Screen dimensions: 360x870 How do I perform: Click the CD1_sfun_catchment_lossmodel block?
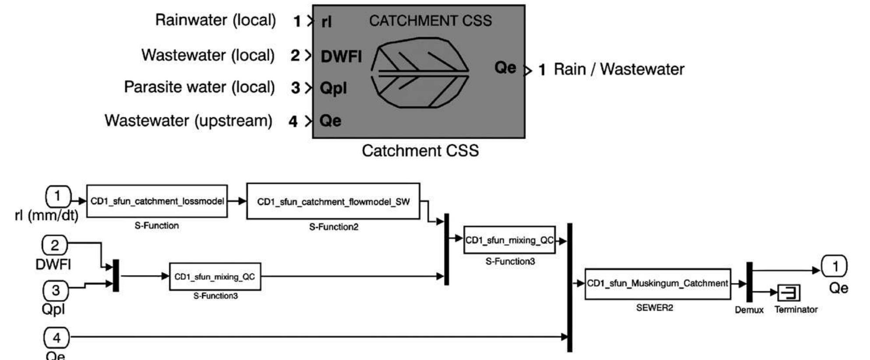(157, 201)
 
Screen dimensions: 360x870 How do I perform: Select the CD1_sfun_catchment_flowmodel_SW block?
(333, 202)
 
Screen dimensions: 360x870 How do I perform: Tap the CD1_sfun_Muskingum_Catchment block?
(657, 284)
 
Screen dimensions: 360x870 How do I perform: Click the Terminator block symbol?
(789, 293)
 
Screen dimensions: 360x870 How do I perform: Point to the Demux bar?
(749, 282)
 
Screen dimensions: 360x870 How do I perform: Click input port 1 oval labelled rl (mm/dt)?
(58, 196)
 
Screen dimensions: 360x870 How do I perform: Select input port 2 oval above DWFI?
(55, 245)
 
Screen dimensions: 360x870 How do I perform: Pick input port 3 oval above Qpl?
(56, 290)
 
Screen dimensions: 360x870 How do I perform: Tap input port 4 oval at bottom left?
(56, 338)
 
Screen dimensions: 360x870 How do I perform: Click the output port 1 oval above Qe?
(835, 266)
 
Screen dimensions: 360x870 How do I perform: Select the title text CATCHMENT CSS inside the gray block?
(430, 21)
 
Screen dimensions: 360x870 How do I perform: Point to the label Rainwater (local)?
(215, 20)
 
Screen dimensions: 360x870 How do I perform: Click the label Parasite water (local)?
(199, 87)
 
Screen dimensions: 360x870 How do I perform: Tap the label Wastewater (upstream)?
(188, 121)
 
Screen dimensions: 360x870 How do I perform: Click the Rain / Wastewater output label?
(618, 70)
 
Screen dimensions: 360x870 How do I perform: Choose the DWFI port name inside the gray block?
(341, 56)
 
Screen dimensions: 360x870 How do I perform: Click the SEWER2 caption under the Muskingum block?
(654, 308)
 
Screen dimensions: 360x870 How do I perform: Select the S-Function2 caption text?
(333, 227)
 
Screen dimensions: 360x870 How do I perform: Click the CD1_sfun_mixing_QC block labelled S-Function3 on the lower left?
(215, 277)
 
